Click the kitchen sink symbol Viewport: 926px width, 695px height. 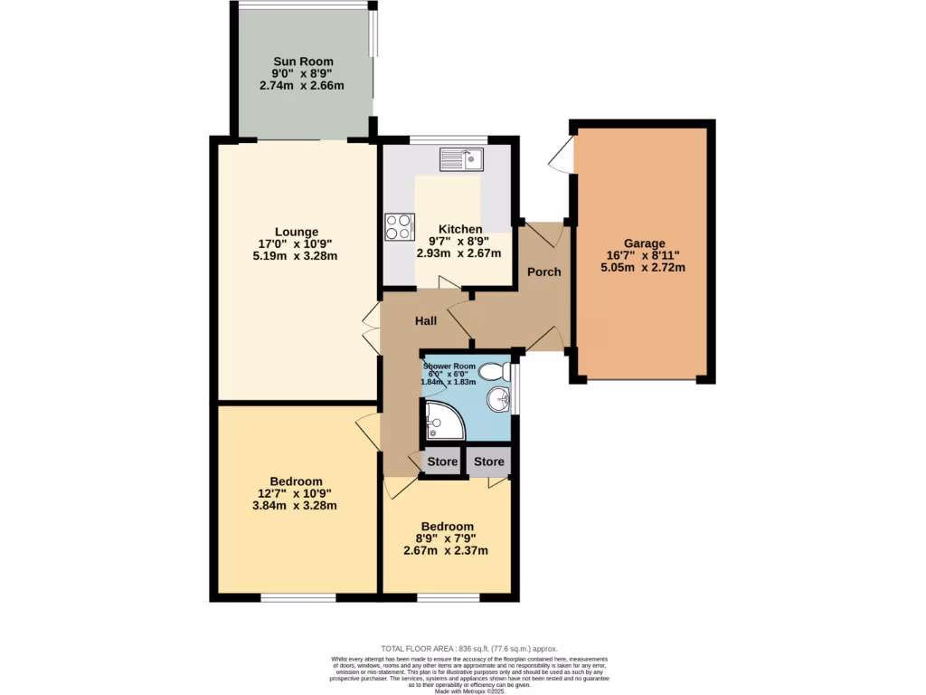click(x=462, y=160)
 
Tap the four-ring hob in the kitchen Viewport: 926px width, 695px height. click(x=399, y=226)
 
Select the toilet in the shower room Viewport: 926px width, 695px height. click(x=494, y=371)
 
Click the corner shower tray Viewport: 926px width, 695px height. click(x=440, y=420)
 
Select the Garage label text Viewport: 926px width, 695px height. click(x=643, y=243)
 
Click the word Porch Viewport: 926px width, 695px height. click(x=544, y=271)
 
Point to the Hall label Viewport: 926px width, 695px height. click(x=426, y=321)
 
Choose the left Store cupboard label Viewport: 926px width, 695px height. click(x=442, y=462)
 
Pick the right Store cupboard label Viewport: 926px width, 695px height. click(x=489, y=462)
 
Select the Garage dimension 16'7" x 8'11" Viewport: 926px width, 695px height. click(x=643, y=255)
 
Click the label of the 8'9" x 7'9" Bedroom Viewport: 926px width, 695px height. click(x=447, y=527)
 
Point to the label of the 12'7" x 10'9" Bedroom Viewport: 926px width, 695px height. click(x=296, y=481)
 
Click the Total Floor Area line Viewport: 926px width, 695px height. click(x=469, y=649)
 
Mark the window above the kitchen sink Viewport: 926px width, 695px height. click(x=449, y=139)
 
